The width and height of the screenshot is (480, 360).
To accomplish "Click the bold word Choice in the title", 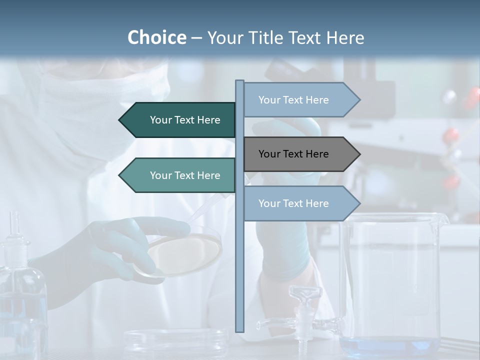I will [156, 37].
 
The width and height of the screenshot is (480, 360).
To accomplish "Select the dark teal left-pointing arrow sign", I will [180, 120].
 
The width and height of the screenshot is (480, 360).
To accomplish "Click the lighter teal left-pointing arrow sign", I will [180, 175].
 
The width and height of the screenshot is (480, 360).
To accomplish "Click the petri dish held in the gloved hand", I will [185, 250].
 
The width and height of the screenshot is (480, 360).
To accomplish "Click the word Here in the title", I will [345, 37].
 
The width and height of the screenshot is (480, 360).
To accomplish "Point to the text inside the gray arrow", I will [293, 154].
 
